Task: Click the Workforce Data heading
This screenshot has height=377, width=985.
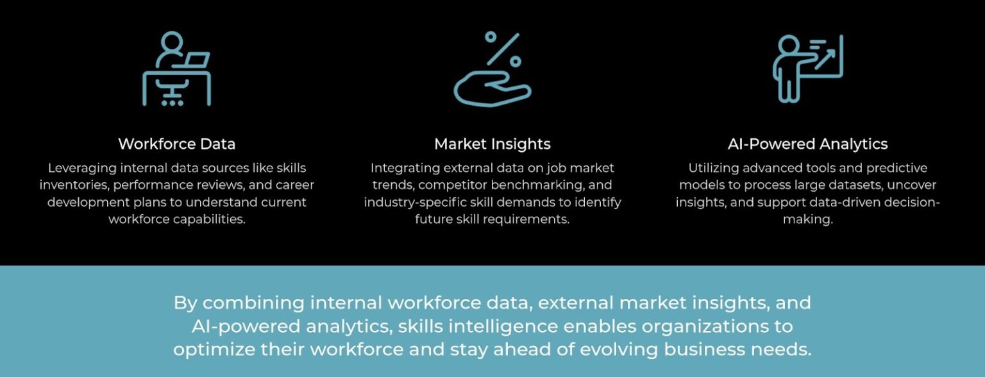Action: click(x=176, y=144)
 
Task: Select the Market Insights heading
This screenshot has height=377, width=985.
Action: click(x=492, y=144)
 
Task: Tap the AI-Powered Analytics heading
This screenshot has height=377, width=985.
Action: click(x=807, y=144)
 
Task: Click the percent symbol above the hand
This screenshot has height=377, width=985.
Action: click(x=502, y=49)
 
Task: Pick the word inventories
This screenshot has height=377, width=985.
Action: click(x=70, y=185)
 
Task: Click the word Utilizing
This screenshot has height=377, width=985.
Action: click(x=714, y=168)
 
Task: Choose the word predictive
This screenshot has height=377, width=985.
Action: click(x=893, y=168)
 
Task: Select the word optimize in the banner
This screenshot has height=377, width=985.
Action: click(x=209, y=350)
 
